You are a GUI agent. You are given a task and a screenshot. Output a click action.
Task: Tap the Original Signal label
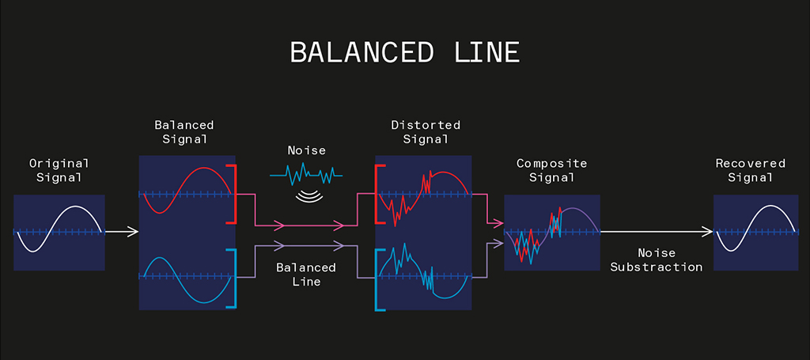click(x=59, y=170)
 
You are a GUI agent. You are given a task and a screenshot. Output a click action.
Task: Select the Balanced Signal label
click(x=184, y=132)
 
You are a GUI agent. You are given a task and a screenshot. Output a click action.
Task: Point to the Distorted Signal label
click(x=426, y=132)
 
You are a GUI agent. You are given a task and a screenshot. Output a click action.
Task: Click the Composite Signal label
click(x=551, y=170)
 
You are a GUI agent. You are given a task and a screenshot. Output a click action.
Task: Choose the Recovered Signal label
click(x=750, y=170)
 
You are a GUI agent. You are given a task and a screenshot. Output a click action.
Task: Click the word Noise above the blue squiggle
click(x=306, y=150)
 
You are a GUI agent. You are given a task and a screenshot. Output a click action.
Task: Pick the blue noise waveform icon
click(x=306, y=171)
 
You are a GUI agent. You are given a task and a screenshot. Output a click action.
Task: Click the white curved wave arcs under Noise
click(x=306, y=193)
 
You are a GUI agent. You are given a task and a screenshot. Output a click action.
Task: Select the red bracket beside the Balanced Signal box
click(x=231, y=194)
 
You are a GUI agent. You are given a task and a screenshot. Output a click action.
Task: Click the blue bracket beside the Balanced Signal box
click(x=231, y=278)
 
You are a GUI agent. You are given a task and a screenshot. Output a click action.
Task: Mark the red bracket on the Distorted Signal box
click(x=379, y=194)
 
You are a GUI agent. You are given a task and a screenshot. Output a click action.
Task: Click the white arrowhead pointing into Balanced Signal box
click(x=134, y=232)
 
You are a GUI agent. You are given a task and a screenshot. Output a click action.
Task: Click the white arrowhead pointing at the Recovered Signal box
click(x=708, y=232)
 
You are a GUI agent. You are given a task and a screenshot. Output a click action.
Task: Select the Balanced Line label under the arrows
click(x=306, y=275)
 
